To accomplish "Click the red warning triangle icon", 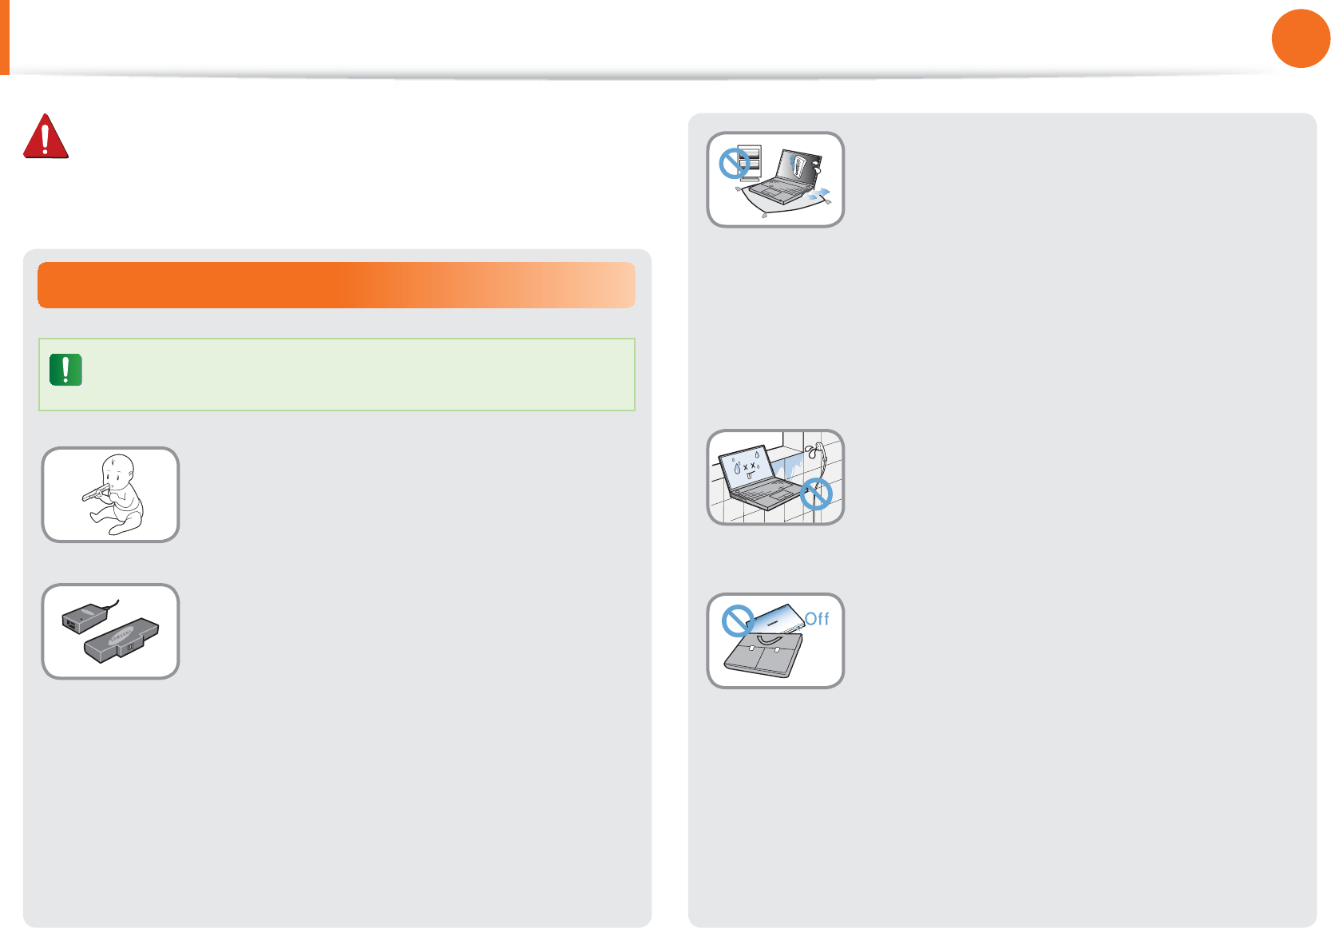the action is point(46,137).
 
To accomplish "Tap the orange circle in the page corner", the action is point(1300,38).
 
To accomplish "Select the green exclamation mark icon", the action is point(65,370).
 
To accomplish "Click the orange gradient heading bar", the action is point(336,285).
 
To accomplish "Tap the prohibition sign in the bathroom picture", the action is point(816,494).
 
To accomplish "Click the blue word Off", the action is point(817,619).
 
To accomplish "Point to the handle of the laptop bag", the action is point(768,639).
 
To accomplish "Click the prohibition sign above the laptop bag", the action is point(738,620).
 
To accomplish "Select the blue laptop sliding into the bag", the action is point(778,619).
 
